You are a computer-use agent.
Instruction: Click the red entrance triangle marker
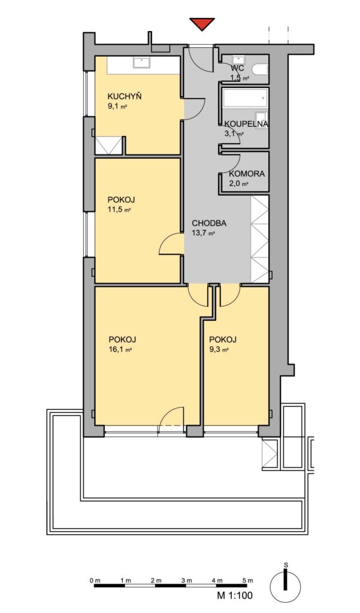point(202,24)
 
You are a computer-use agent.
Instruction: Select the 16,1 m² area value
point(120,350)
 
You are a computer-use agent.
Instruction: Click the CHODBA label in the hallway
point(209,224)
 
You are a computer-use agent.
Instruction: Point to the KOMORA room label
point(247,174)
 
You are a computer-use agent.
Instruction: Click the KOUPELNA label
point(246,124)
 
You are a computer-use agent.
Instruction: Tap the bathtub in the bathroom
point(245,99)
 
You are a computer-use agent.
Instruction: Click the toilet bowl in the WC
point(260,69)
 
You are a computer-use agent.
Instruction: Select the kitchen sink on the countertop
point(140,62)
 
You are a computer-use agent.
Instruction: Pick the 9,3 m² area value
point(219,350)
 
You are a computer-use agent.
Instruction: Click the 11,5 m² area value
point(119,210)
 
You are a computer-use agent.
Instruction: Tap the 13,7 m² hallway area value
point(204,233)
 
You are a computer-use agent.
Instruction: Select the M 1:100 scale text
point(235,596)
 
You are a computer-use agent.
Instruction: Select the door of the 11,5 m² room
point(171,244)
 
